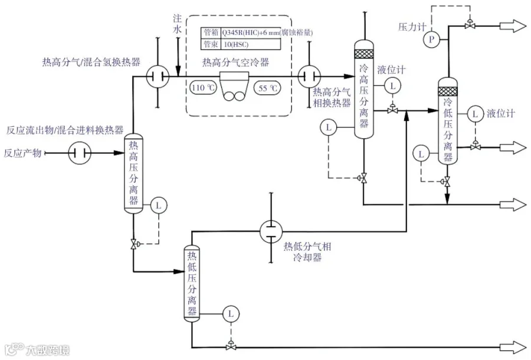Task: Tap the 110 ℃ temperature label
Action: click(203, 88)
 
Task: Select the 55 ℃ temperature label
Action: click(267, 88)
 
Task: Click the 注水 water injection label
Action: click(177, 24)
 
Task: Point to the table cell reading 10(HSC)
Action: click(251, 44)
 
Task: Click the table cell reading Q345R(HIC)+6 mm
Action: click(251, 32)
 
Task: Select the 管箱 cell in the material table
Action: click(211, 32)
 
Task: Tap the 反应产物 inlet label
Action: click(22, 153)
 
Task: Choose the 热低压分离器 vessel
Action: click(192, 283)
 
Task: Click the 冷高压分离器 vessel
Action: click(363, 89)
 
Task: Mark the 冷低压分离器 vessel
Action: click(448, 121)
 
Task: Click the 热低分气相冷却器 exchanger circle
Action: click(271, 232)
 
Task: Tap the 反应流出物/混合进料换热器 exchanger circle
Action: click(80, 153)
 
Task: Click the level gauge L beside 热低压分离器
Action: click(231, 314)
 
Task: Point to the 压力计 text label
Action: click(412, 27)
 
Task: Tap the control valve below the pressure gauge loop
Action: click(470, 24)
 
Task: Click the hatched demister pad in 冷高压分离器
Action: click(363, 54)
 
